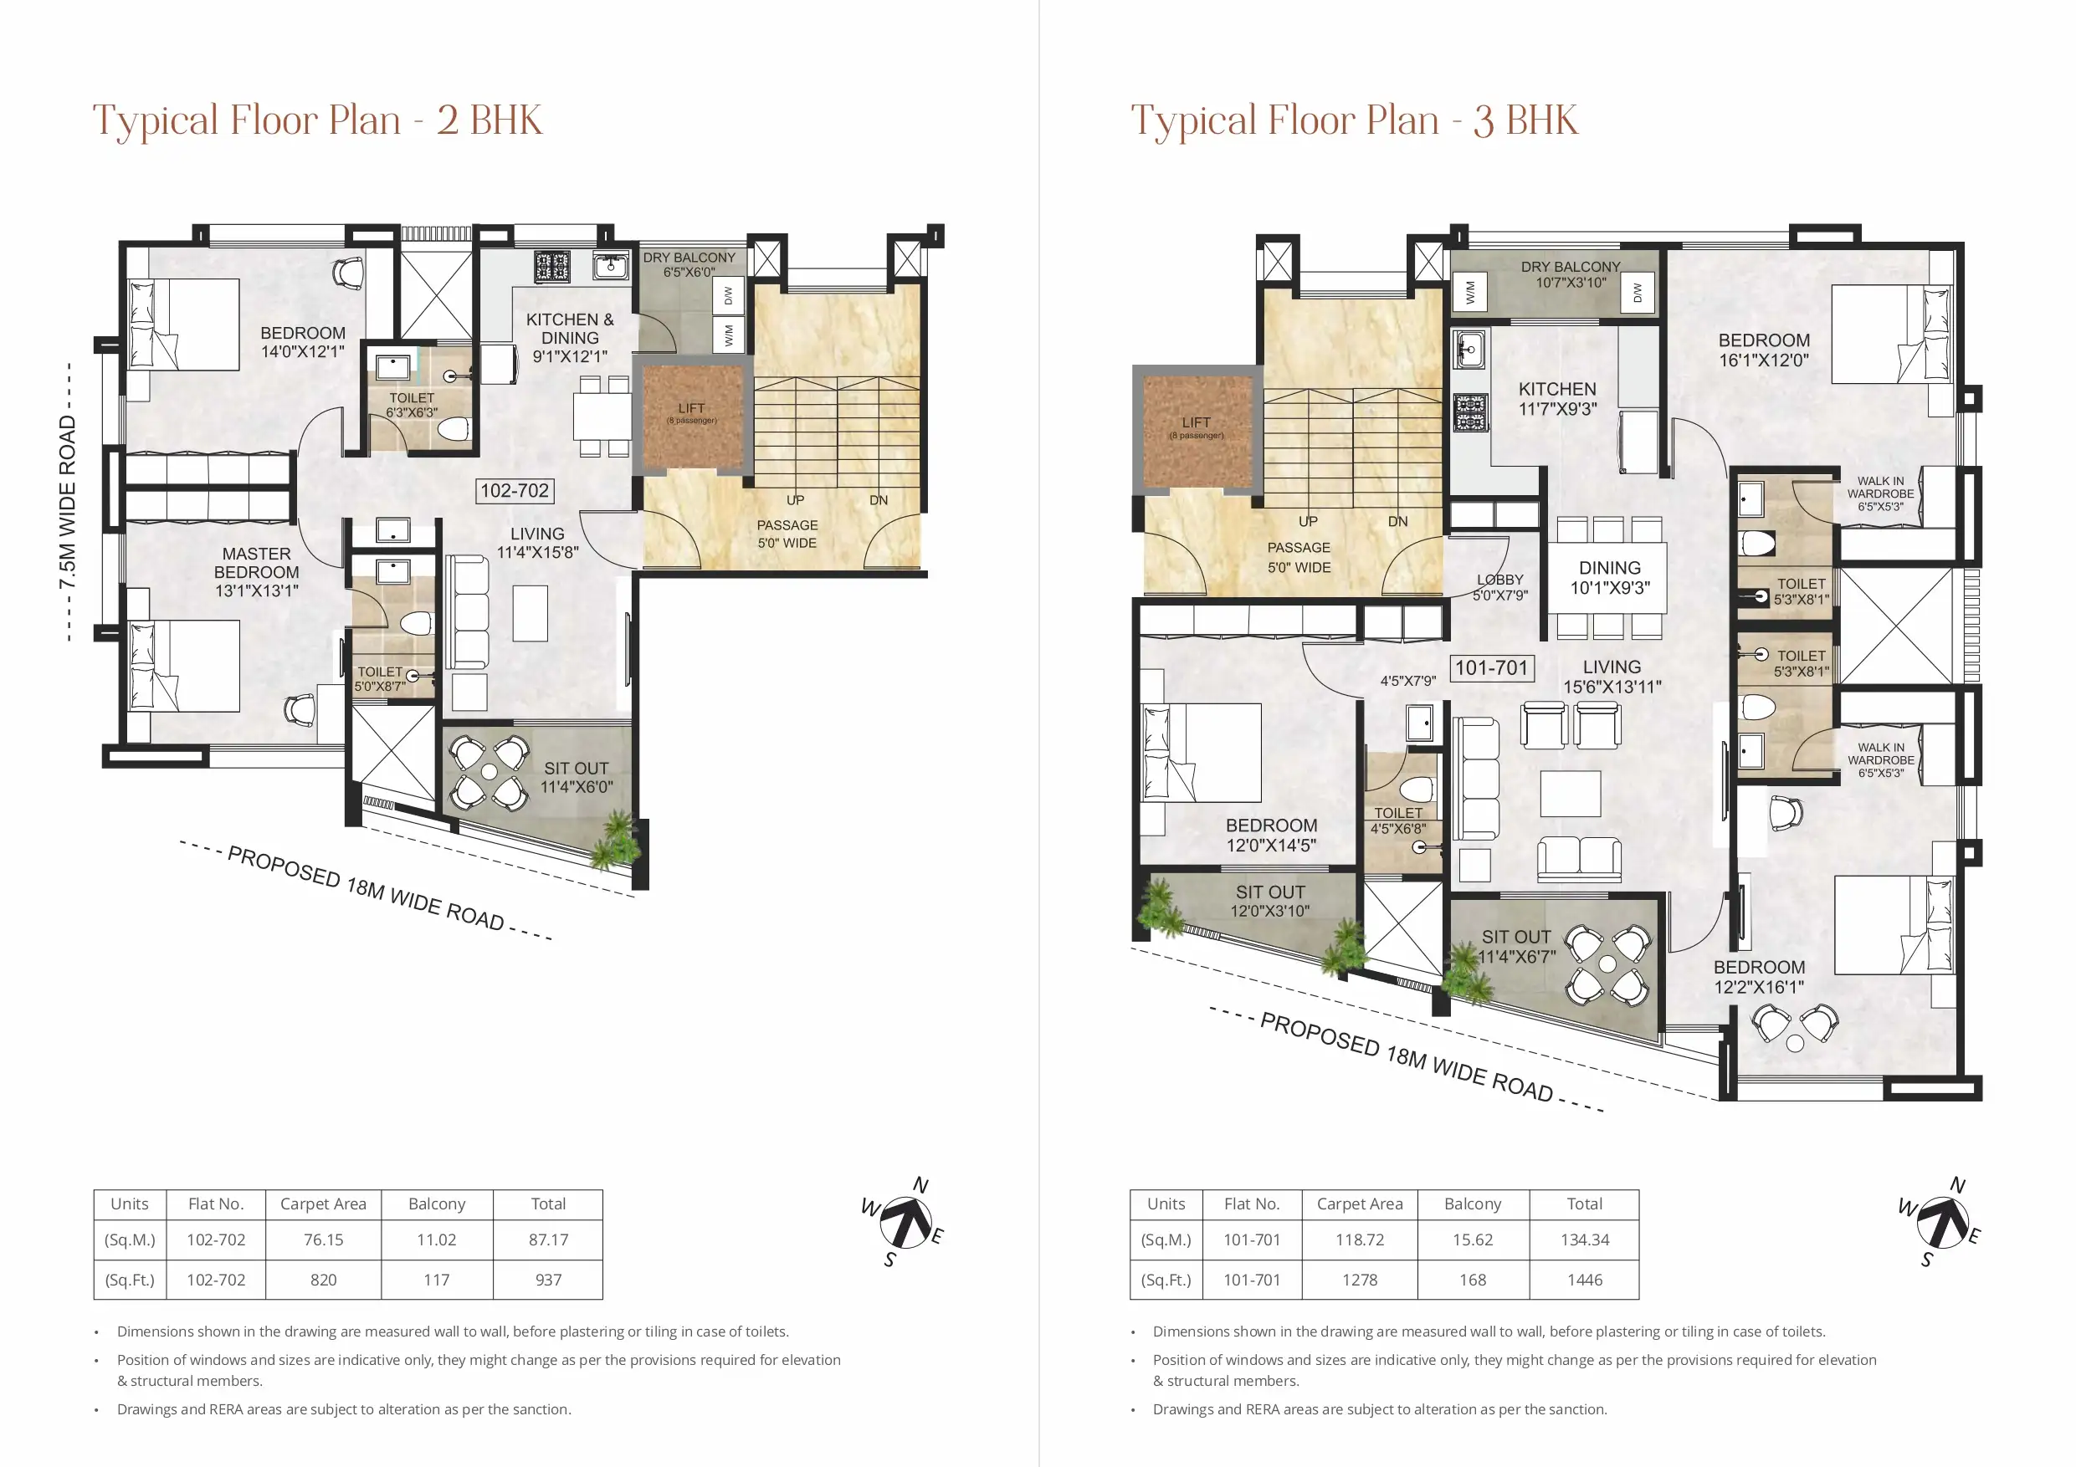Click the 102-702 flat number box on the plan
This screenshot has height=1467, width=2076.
coord(515,491)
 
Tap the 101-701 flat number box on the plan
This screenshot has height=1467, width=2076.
coord(1491,668)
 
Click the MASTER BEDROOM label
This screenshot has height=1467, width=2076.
coord(256,571)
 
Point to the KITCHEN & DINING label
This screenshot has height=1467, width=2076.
coord(570,337)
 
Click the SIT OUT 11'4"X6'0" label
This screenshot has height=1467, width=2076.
coord(576,777)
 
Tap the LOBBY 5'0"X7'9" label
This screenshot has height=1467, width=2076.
coord(1500,586)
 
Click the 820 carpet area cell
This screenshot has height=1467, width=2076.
coord(323,1280)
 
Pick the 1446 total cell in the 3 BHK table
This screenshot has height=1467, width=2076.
coord(1584,1280)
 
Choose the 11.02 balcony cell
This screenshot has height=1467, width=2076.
coord(437,1240)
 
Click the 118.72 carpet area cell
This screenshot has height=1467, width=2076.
coord(1360,1240)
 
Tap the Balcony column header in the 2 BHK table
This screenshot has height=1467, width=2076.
coord(437,1204)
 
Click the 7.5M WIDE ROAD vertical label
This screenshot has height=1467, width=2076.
coord(68,502)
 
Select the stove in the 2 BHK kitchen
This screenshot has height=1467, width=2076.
coord(551,267)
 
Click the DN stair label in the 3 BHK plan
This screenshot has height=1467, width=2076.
coord(1398,522)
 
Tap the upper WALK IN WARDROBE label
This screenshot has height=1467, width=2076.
coord(1880,493)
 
